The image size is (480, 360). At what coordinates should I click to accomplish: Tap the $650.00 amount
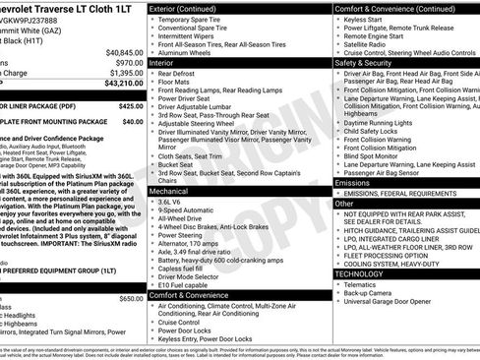coord(131,298)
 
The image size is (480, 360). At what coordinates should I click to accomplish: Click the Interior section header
coord(163,61)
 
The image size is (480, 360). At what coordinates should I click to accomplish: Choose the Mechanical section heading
coord(168,191)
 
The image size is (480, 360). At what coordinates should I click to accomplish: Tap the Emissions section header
coord(353,183)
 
